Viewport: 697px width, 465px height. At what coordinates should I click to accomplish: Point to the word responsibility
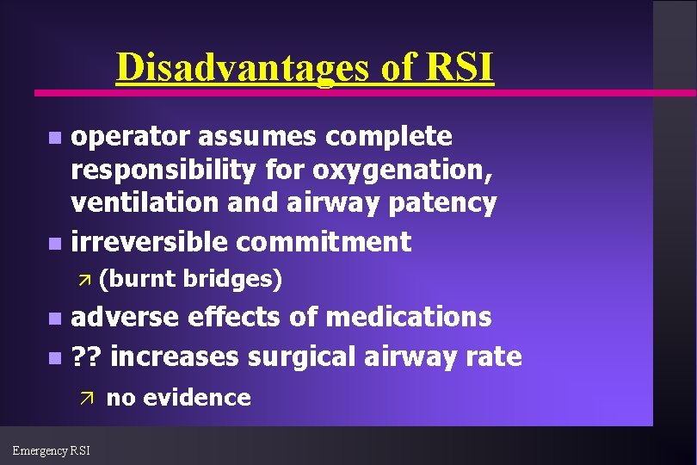click(163, 170)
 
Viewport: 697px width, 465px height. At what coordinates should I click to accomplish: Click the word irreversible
click(150, 242)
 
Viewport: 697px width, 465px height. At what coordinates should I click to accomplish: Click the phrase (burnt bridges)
click(190, 279)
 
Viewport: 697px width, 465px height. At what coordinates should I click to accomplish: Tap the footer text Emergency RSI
click(52, 449)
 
